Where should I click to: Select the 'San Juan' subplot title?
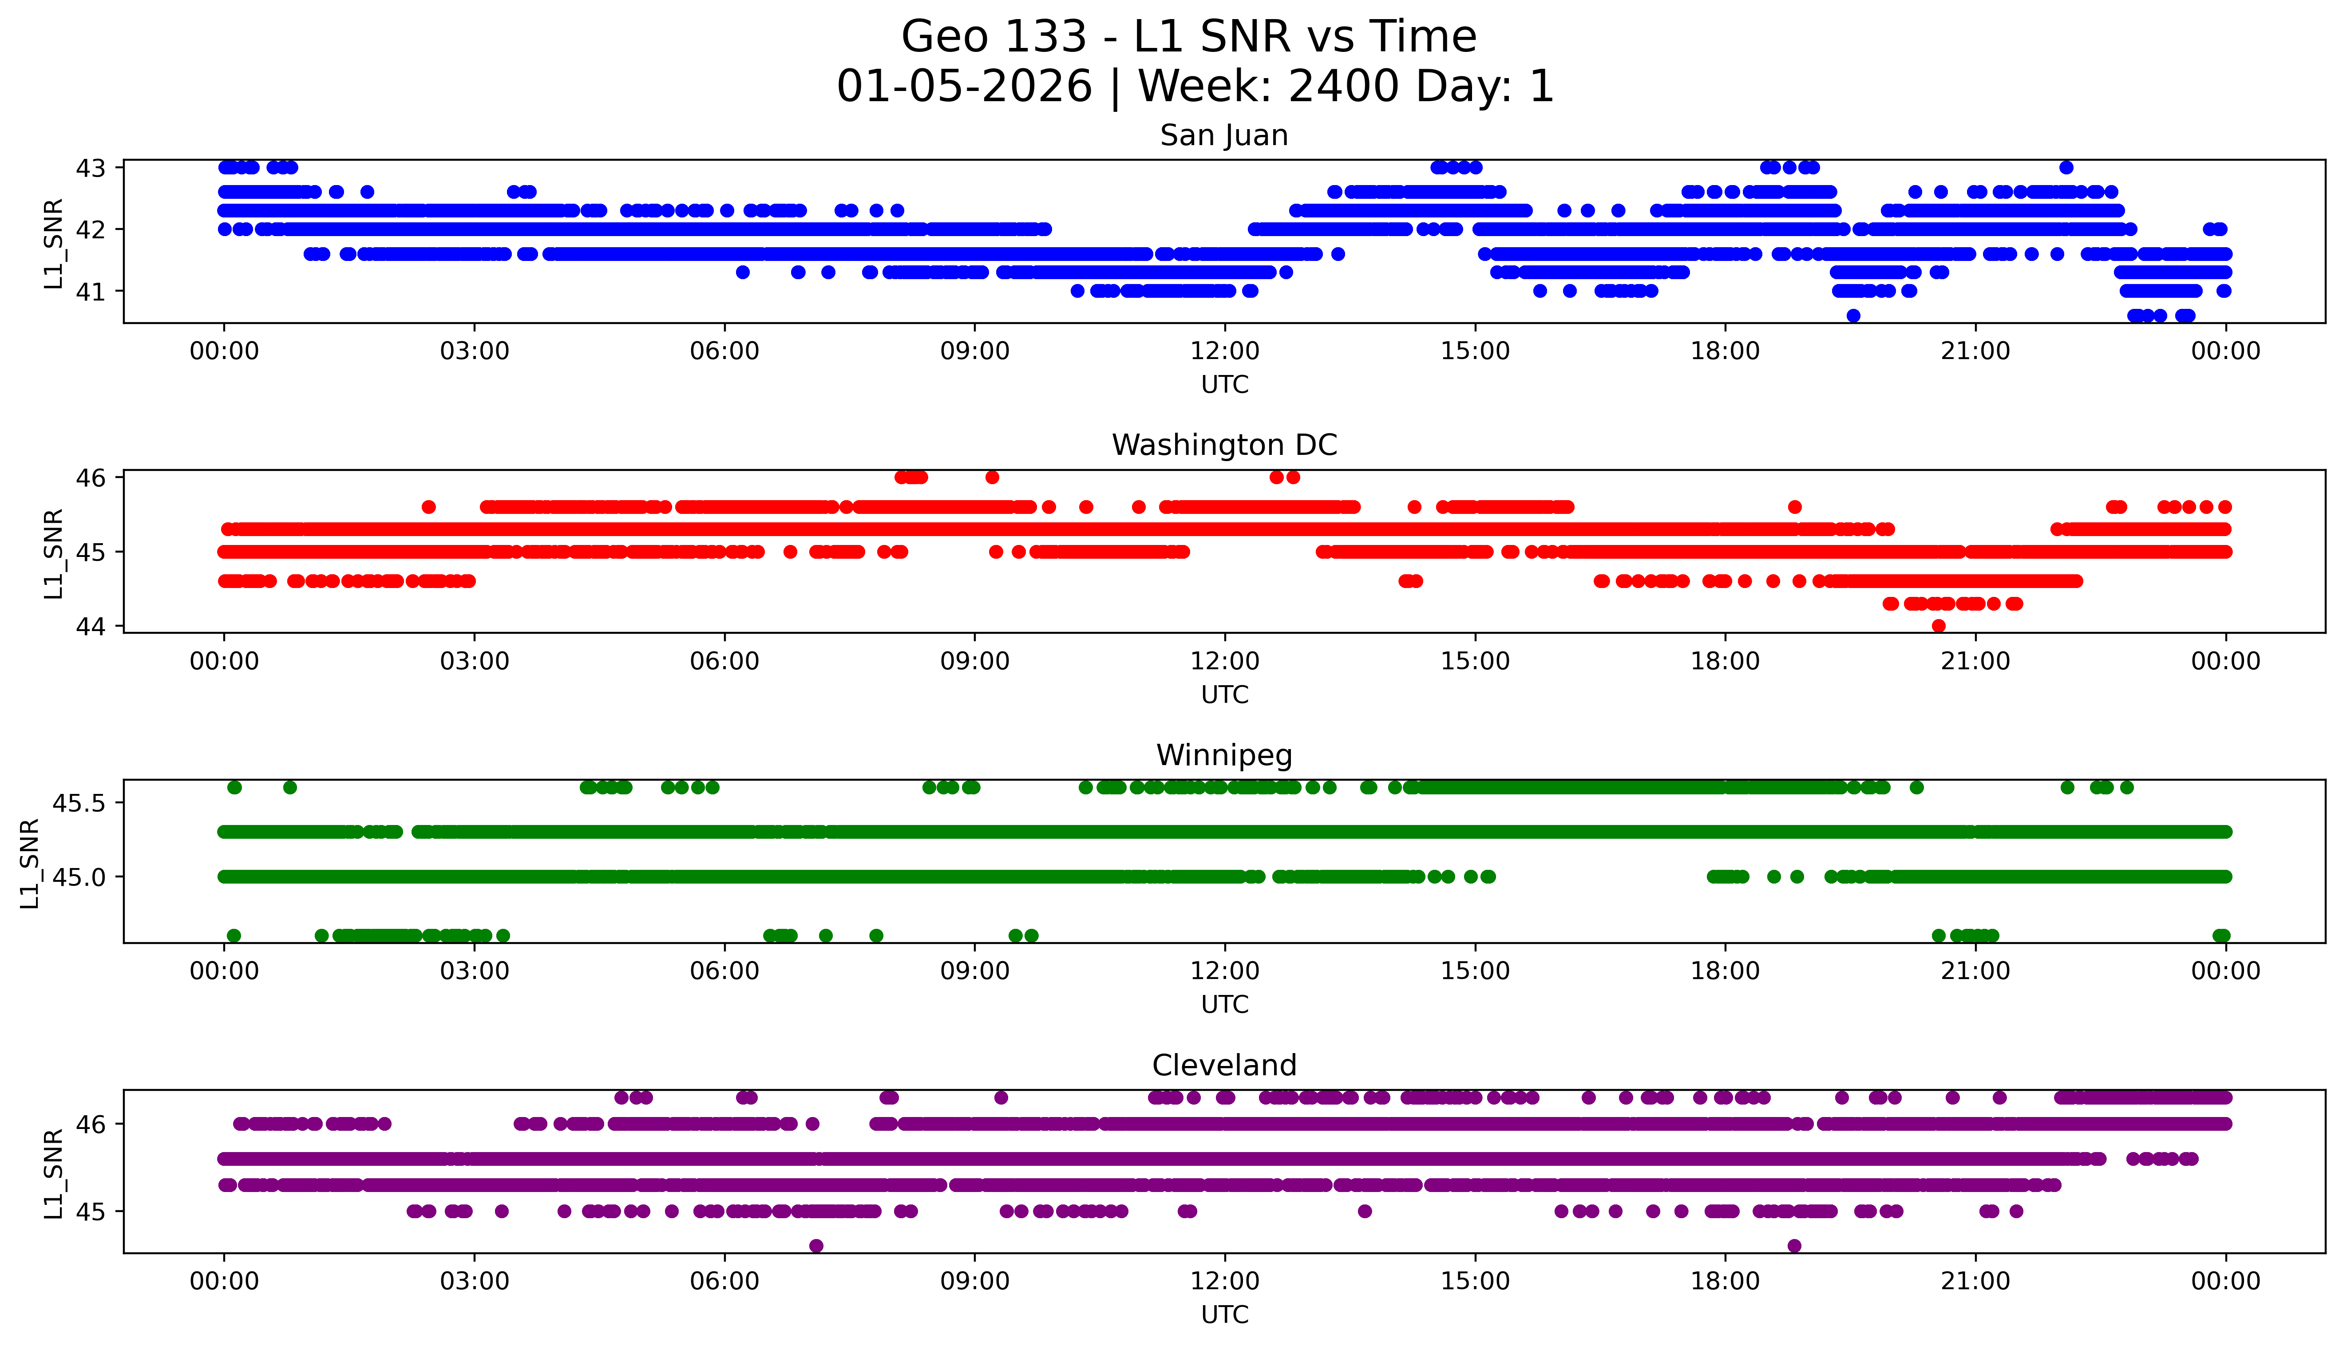[1223, 136]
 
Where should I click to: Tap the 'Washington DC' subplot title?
[1223, 446]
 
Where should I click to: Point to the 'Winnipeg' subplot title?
[1223, 755]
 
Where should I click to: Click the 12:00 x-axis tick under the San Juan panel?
[1224, 351]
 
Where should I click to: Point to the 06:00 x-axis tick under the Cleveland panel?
[724, 1281]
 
